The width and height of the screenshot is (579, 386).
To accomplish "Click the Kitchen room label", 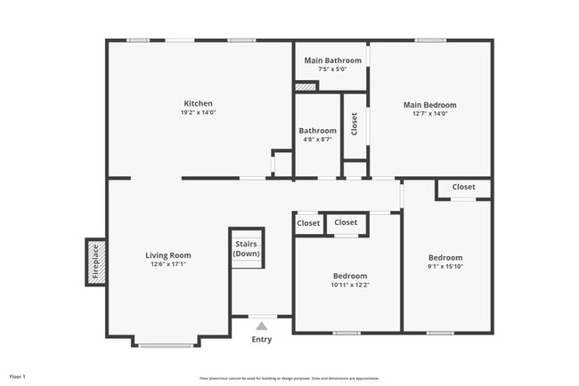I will pos(198,103).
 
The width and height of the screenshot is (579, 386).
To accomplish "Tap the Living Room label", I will pos(168,255).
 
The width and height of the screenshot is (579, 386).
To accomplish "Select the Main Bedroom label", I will pos(434,105).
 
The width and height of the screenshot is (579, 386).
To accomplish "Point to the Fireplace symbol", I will pos(96,262).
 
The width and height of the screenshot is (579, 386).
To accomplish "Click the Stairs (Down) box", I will pos(247,249).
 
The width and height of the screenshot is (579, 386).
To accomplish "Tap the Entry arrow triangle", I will pos(261,326).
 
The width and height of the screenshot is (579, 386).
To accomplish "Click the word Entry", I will pos(261,340).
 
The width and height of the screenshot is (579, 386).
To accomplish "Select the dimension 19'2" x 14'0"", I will pos(198,113).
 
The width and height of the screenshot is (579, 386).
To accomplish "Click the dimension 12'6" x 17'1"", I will pos(168,265).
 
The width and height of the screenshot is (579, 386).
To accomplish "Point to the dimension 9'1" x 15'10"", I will pos(445,266).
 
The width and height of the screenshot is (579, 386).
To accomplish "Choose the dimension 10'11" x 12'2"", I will pos(350,285).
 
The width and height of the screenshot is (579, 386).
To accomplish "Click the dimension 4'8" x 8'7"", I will pos(317,140).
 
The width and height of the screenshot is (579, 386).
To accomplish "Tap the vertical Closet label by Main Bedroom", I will pos(355,125).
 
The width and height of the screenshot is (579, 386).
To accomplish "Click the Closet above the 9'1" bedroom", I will pos(463,188).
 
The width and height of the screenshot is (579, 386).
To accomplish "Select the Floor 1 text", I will pos(18,377).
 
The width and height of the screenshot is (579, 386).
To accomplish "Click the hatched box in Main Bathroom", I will pos(306,87).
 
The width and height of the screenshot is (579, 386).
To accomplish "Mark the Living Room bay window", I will pos(167,344).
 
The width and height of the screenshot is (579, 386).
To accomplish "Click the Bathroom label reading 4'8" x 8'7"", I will pos(317,131).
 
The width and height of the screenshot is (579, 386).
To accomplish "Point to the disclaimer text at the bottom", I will pos(289,378).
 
